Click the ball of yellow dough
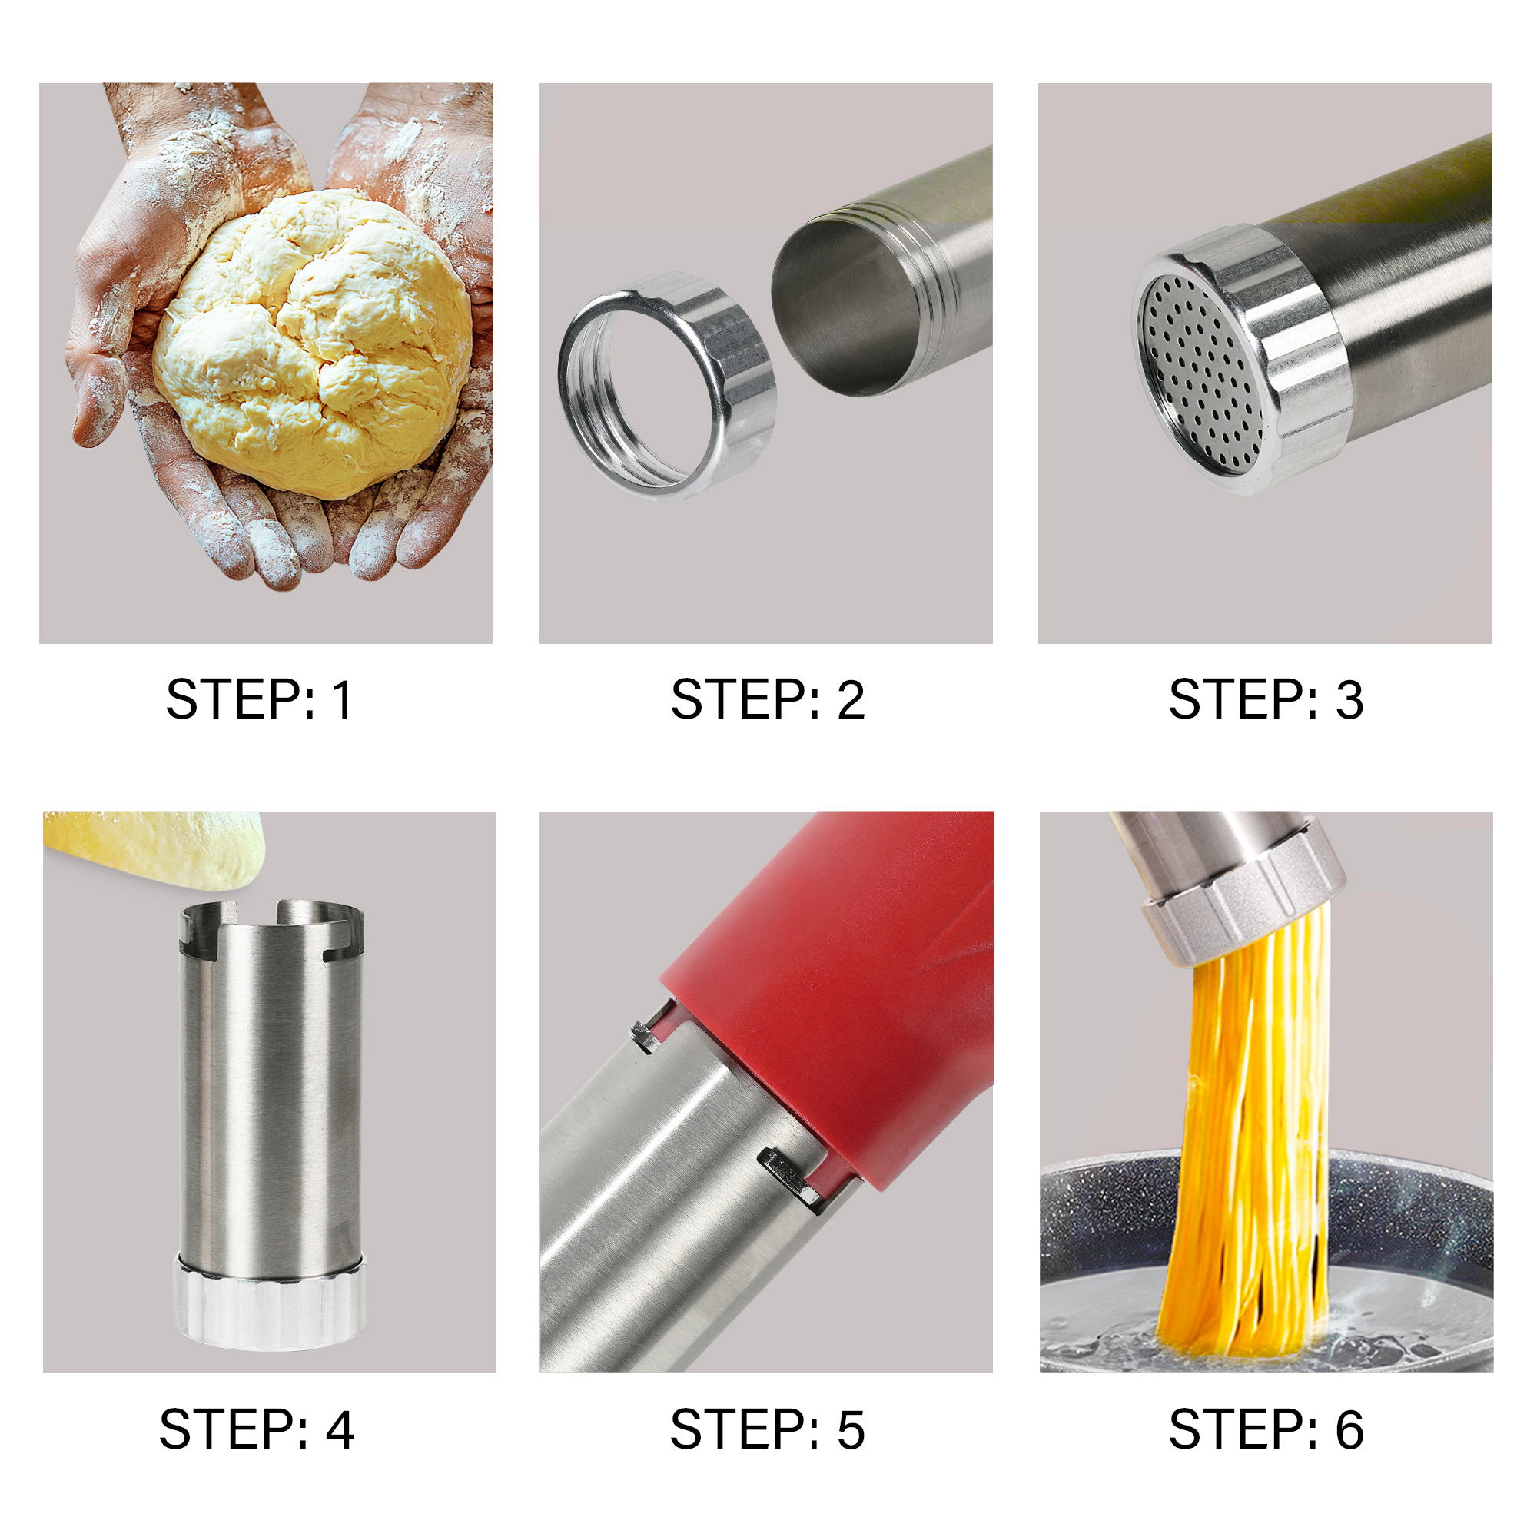coord(314,342)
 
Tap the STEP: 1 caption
coord(258,700)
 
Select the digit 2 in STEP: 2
coord(851,700)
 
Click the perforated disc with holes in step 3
coord(1201,374)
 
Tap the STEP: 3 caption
coord(1266,700)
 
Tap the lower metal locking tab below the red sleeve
coord(788,1176)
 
